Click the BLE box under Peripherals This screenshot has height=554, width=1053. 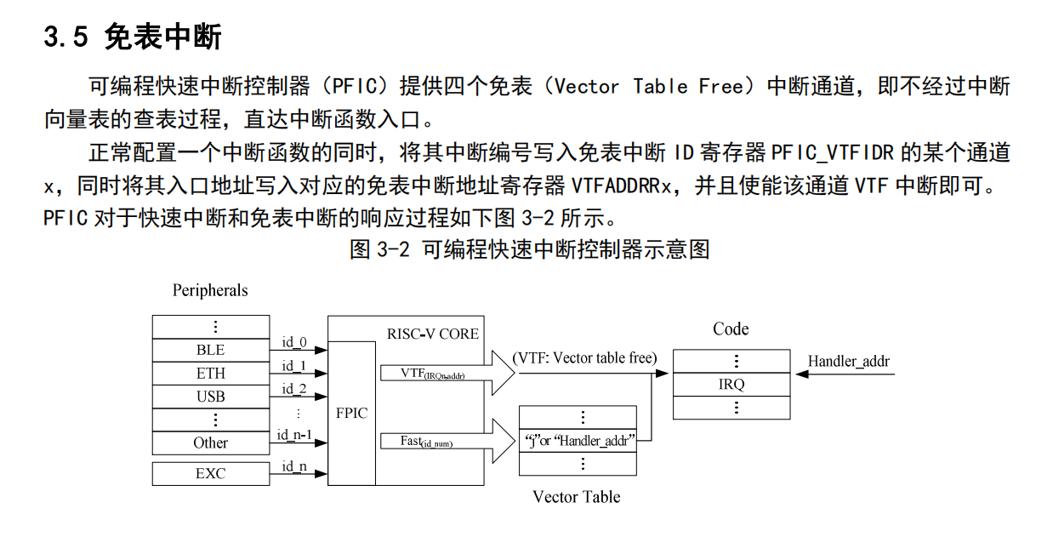[x=210, y=350]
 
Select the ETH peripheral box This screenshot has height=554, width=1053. [x=210, y=373]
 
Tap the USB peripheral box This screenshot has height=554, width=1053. [x=210, y=397]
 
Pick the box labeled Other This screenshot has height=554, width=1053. [x=210, y=443]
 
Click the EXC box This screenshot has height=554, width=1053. [x=210, y=473]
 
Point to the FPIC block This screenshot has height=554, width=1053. [x=351, y=413]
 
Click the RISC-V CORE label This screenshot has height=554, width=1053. [x=432, y=334]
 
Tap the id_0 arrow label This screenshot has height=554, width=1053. [x=293, y=342]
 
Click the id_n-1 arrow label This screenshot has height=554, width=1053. [x=294, y=435]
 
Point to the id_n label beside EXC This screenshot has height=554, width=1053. [x=293, y=465]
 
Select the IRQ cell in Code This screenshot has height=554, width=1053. [x=731, y=385]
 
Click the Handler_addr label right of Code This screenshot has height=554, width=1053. [x=848, y=362]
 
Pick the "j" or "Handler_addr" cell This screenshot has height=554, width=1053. [x=578, y=441]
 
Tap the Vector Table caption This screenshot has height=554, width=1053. [x=576, y=497]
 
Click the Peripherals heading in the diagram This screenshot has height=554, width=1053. [x=210, y=290]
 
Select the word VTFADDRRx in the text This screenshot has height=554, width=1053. [x=621, y=186]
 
